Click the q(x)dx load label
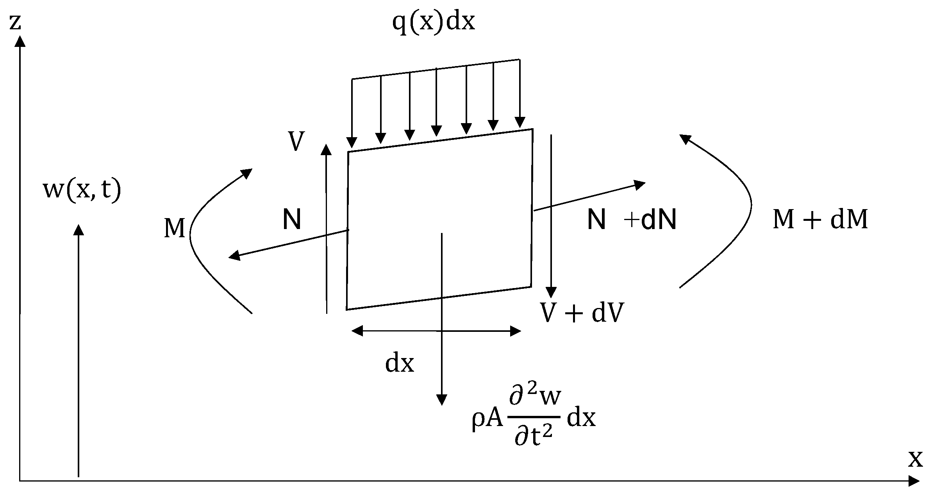[433, 22]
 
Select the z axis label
[14, 23]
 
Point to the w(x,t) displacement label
[82, 190]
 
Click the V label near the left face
[296, 141]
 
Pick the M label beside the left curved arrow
[174, 228]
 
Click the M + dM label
[820, 220]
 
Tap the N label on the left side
[292, 220]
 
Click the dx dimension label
[399, 364]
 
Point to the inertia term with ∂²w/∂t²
[534, 418]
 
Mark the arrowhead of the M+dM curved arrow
[685, 139]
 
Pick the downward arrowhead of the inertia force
[441, 400]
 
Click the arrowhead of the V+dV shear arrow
[551, 292]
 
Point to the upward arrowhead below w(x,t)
[79, 230]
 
